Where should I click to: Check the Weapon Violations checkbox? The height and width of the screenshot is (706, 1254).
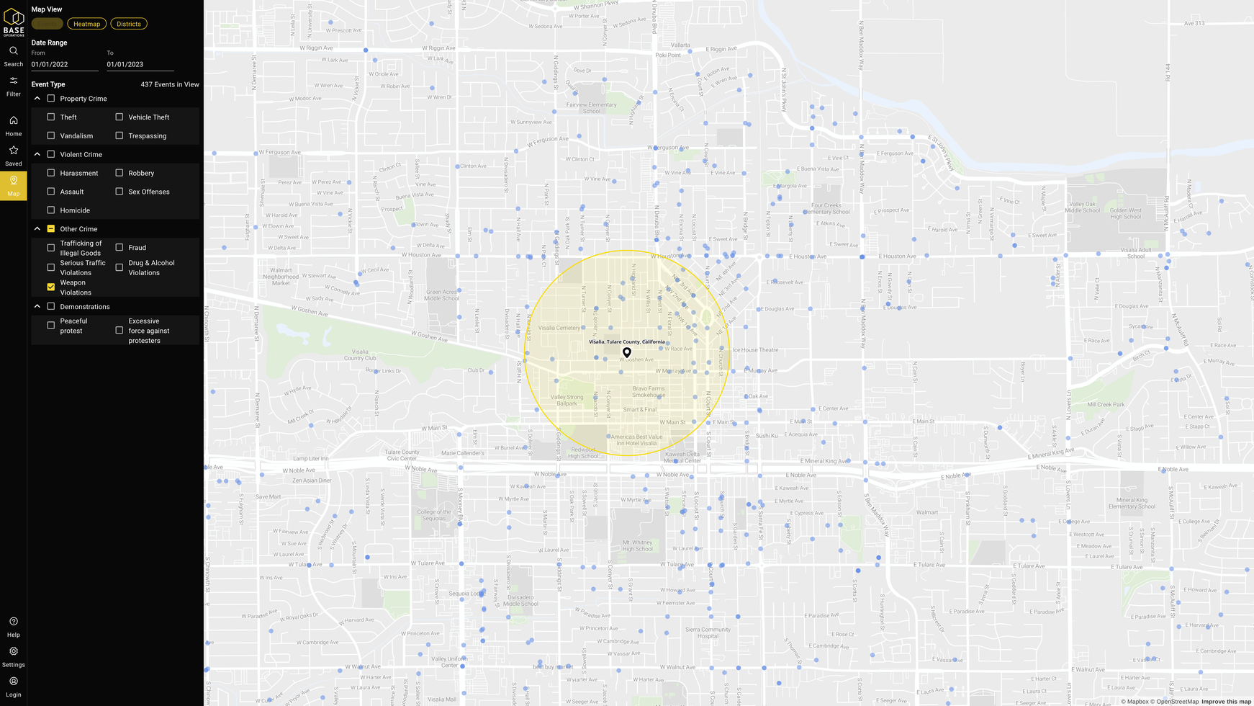pyautogui.click(x=51, y=287)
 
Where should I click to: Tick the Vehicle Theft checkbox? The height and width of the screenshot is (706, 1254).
pyautogui.click(x=119, y=117)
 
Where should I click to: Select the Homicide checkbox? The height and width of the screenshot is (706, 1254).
pyautogui.click(x=51, y=210)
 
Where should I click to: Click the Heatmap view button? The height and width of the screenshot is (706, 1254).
pyautogui.click(x=86, y=24)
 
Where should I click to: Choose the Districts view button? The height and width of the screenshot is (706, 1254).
pyautogui.click(x=129, y=24)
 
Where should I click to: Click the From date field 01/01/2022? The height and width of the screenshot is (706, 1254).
pyautogui.click(x=64, y=64)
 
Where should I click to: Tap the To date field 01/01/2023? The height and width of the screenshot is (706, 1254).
pyautogui.click(x=140, y=64)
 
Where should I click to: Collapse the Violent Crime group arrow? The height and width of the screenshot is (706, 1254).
pyautogui.click(x=37, y=154)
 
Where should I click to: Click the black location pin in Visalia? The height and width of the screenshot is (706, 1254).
pyautogui.click(x=627, y=352)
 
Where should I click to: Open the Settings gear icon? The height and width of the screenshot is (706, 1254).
pyautogui.click(x=14, y=651)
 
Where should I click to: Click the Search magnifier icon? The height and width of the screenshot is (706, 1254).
pyautogui.click(x=14, y=51)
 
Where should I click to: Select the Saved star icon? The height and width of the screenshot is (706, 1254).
pyautogui.click(x=14, y=151)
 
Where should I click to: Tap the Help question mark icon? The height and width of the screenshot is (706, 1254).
pyautogui.click(x=14, y=622)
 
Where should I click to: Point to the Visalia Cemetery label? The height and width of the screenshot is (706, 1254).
pyautogui.click(x=559, y=328)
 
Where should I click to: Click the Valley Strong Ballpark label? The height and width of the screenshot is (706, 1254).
pyautogui.click(x=567, y=400)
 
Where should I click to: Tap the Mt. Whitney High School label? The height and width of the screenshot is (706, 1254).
pyautogui.click(x=637, y=545)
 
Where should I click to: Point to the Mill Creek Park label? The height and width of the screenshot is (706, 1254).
pyautogui.click(x=1106, y=405)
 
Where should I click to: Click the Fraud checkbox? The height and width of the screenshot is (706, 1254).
pyautogui.click(x=119, y=248)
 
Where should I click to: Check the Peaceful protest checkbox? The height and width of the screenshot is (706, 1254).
pyautogui.click(x=51, y=326)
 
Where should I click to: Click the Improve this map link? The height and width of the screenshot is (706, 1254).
pyautogui.click(x=1226, y=702)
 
